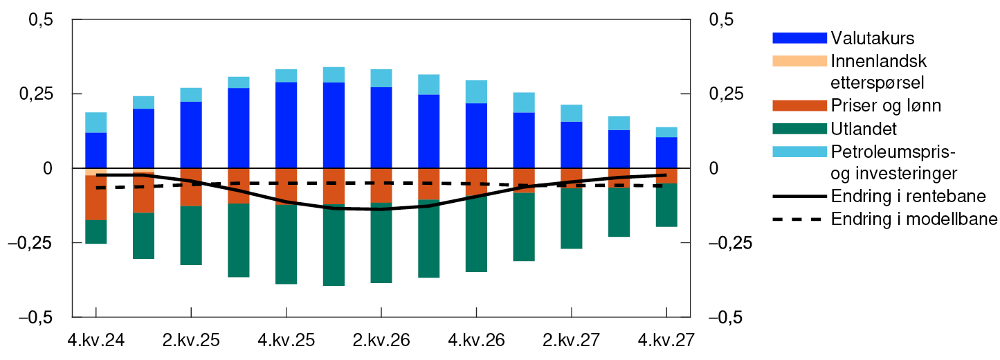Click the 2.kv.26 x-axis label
[381, 341]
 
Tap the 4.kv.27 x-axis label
[665, 341]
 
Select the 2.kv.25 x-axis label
[190, 341]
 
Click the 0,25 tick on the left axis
[39, 94]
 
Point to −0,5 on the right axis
[726, 317]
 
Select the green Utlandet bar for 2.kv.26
[381, 242]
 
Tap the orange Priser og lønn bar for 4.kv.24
[96, 197]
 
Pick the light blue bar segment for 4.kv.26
[476, 91]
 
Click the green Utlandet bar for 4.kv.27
[666, 204]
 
